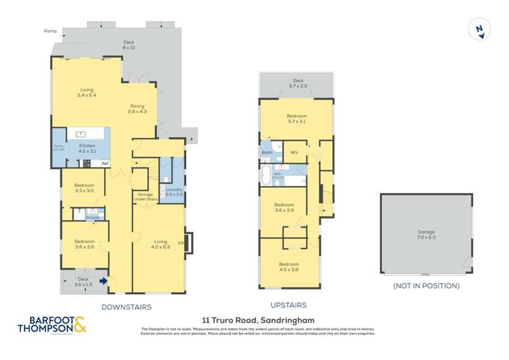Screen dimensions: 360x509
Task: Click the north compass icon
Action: (480, 30)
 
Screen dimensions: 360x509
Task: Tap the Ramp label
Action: (50, 31)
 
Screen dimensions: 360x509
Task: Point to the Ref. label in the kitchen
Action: (105, 164)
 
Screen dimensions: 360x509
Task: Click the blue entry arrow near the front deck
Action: (103, 280)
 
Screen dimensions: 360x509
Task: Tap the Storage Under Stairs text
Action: (146, 197)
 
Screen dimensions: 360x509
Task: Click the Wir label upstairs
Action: (294, 153)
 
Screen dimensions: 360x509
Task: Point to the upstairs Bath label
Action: (267, 153)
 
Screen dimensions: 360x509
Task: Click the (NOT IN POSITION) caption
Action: (426, 286)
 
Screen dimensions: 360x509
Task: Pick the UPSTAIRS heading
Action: (289, 306)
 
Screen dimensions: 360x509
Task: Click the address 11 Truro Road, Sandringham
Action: (254, 319)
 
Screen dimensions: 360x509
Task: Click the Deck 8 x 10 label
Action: (128, 46)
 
